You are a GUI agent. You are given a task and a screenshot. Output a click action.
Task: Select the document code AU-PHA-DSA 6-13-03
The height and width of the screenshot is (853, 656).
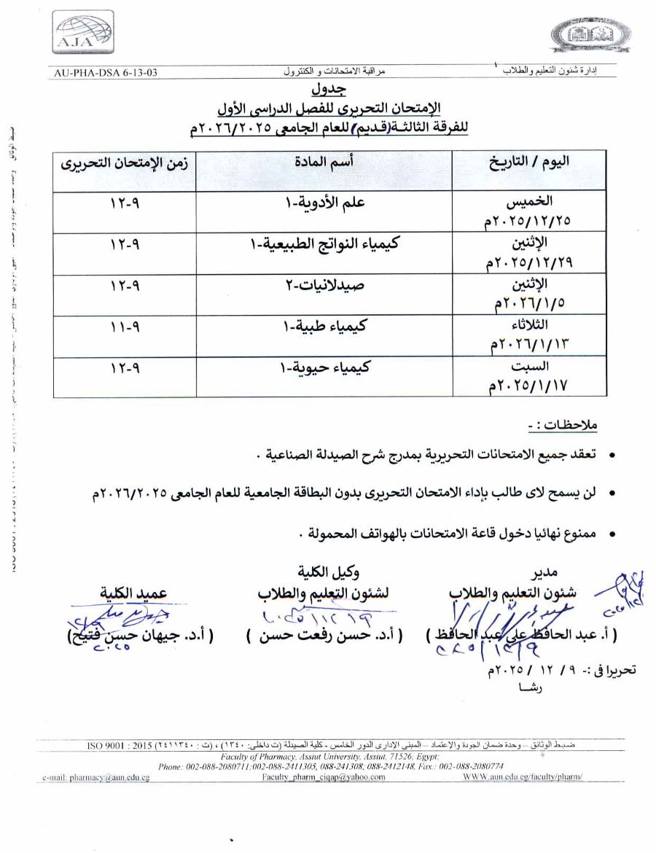[106, 73]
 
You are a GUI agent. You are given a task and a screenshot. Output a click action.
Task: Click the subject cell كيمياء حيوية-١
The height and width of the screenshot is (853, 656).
[325, 367]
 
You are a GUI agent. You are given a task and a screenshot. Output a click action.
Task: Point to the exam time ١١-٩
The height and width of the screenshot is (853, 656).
[125, 327]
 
